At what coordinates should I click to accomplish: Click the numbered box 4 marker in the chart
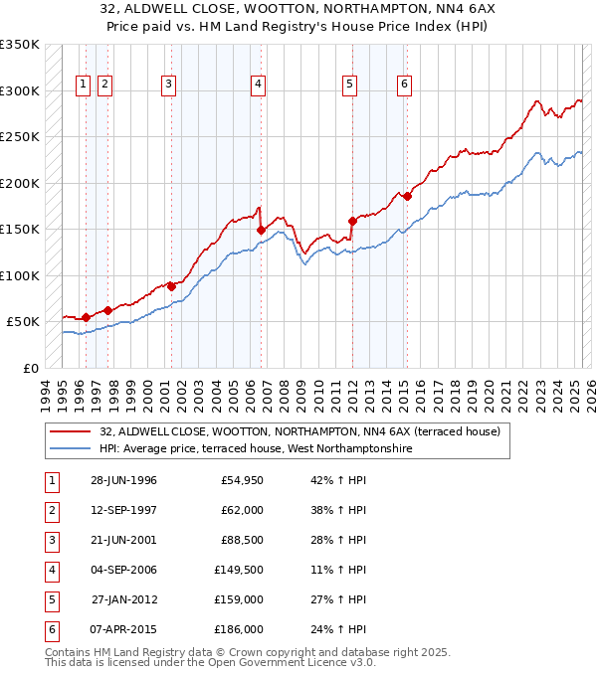(x=258, y=85)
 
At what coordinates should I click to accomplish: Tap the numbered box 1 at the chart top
(x=83, y=85)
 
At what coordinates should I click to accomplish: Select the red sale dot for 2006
(x=262, y=230)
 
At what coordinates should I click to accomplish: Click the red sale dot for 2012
(x=352, y=221)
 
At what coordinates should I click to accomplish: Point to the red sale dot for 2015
(x=407, y=196)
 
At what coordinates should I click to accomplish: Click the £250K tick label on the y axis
(x=20, y=137)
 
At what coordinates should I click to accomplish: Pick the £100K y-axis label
(x=20, y=275)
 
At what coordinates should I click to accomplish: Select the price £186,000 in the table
(x=239, y=629)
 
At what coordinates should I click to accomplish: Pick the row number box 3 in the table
(x=51, y=541)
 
